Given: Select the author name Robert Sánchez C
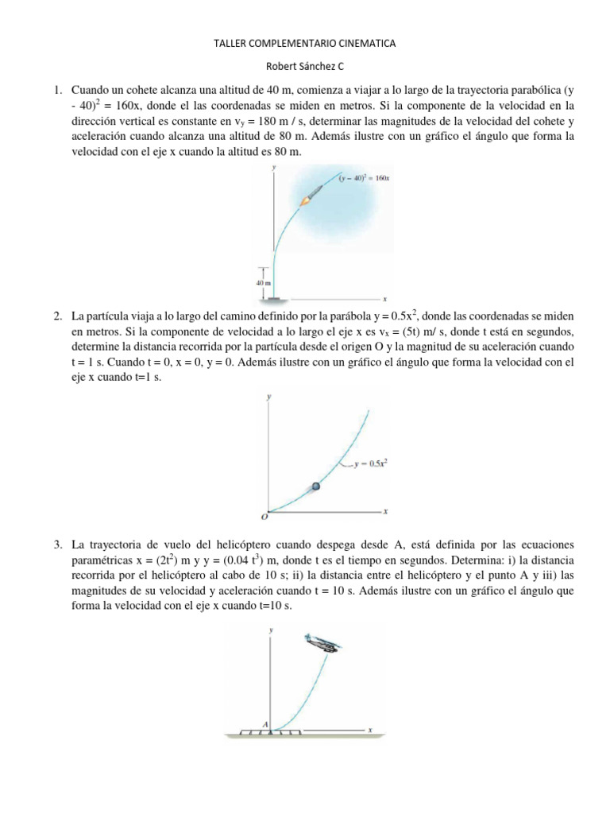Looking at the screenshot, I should [304, 68].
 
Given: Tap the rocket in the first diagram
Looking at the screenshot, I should [310, 196].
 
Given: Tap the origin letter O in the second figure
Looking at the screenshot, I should [264, 516].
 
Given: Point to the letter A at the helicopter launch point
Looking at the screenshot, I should [265, 723].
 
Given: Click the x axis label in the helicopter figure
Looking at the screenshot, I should [370, 729].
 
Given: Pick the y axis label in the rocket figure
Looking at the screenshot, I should [273, 168].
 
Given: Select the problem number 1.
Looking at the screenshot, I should [58, 91].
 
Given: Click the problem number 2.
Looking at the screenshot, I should [58, 317].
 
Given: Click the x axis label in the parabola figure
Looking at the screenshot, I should [384, 510].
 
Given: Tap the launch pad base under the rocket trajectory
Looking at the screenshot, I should [275, 299].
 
